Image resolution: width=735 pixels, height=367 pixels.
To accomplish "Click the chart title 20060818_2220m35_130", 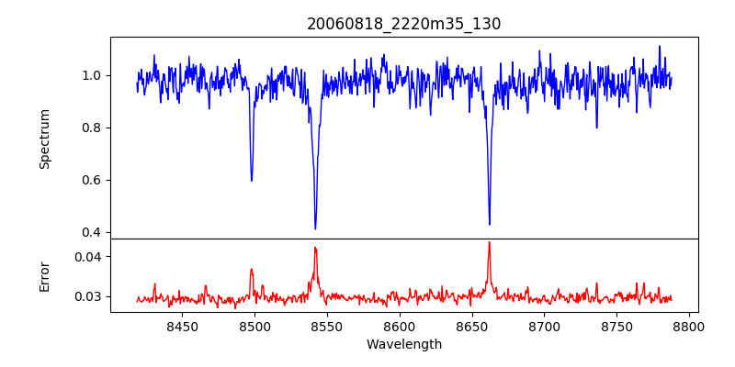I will pyautogui.click(x=404, y=25).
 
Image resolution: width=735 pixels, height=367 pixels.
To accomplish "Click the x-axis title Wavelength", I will pyautogui.click(x=404, y=344).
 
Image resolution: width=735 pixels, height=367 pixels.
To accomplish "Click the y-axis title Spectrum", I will pyautogui.click(x=45, y=139).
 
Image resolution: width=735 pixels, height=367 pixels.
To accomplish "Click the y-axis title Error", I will pyautogui.click(x=45, y=275).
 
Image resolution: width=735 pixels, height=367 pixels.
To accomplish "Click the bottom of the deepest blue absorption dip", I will pyautogui.click(x=315, y=228).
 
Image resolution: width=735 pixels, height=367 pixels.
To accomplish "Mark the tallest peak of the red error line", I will pyautogui.click(x=489, y=242).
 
